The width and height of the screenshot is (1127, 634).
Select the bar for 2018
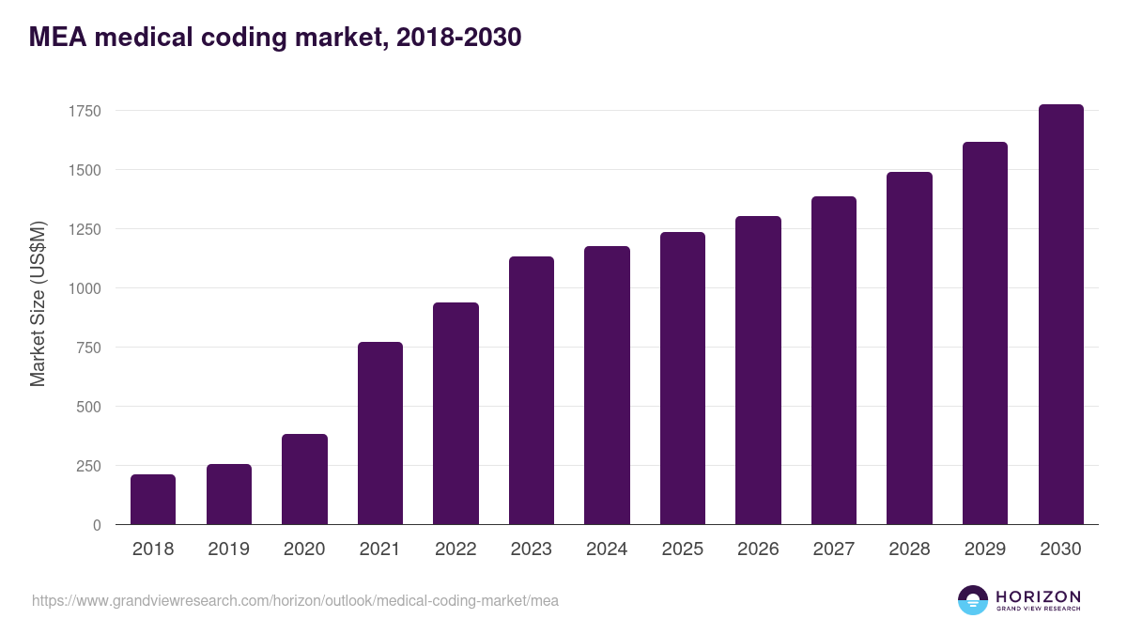point(153,500)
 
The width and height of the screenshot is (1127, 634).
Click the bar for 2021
point(380,433)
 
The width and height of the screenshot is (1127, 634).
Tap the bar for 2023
point(532,391)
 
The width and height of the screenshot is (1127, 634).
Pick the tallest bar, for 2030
point(1061,315)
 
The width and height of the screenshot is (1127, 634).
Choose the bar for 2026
point(759,370)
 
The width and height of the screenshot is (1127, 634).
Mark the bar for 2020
point(304,479)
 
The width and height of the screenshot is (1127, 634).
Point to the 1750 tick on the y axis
point(85,111)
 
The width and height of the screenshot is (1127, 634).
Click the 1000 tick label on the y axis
point(85,288)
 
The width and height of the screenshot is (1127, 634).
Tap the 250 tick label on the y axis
point(88,466)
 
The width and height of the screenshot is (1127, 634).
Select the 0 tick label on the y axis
point(96,525)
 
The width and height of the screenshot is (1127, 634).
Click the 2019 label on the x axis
point(229,549)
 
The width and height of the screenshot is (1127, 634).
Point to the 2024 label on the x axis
point(607,549)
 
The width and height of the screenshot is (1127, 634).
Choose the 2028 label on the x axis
point(909,549)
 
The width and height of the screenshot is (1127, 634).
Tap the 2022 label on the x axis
point(455,549)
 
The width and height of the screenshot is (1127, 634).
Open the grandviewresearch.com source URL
point(295,600)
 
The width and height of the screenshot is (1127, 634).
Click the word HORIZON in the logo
point(1038,596)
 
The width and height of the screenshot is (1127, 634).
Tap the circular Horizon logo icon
point(972,600)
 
